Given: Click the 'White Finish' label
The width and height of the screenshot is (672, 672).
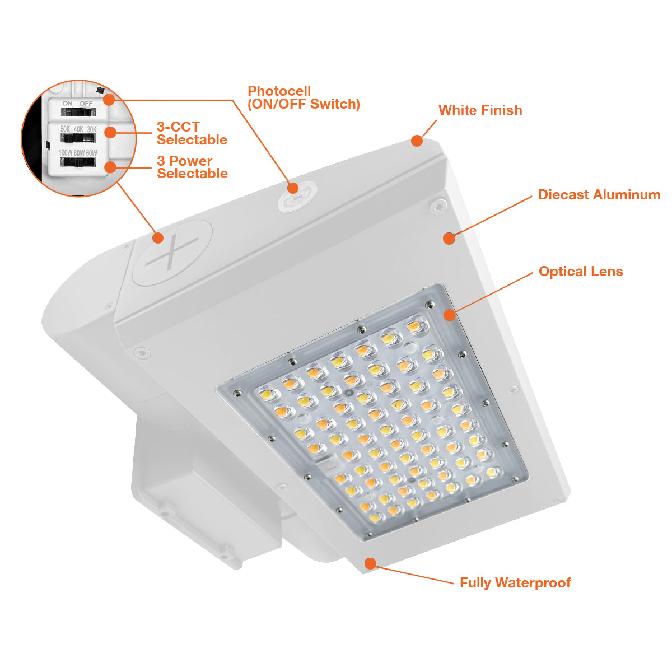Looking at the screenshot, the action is click(x=480, y=110).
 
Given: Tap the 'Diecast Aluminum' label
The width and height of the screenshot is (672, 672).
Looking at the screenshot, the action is click(x=599, y=194).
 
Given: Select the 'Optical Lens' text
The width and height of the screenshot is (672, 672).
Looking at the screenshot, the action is click(x=581, y=271).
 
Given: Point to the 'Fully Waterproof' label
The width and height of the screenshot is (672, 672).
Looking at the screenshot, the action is click(x=515, y=583).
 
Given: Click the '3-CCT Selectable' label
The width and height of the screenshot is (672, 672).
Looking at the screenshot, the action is click(x=192, y=133).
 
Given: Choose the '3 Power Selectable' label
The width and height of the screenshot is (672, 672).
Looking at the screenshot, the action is click(x=192, y=167).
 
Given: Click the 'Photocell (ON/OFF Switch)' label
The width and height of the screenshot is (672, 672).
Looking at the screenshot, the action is click(x=304, y=97).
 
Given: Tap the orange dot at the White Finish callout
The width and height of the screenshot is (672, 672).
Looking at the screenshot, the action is click(x=417, y=141).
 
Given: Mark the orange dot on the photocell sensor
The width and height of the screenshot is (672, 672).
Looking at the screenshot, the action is click(x=293, y=188).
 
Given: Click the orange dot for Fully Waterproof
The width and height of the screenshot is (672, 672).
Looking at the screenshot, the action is click(x=370, y=563).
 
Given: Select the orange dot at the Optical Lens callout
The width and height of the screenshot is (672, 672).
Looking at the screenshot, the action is click(x=450, y=315).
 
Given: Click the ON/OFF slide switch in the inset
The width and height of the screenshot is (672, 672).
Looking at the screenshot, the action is click(x=78, y=112).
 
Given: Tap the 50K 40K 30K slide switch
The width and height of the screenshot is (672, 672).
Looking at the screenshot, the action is click(x=78, y=138).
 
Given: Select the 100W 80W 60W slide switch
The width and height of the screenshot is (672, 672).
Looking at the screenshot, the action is click(x=78, y=162).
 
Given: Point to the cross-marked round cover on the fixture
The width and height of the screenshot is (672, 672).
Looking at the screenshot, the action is click(x=172, y=253).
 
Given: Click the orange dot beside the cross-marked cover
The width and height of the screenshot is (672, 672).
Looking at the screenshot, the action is click(x=158, y=238).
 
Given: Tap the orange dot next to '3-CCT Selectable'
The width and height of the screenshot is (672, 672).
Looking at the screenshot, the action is click(x=110, y=132).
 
